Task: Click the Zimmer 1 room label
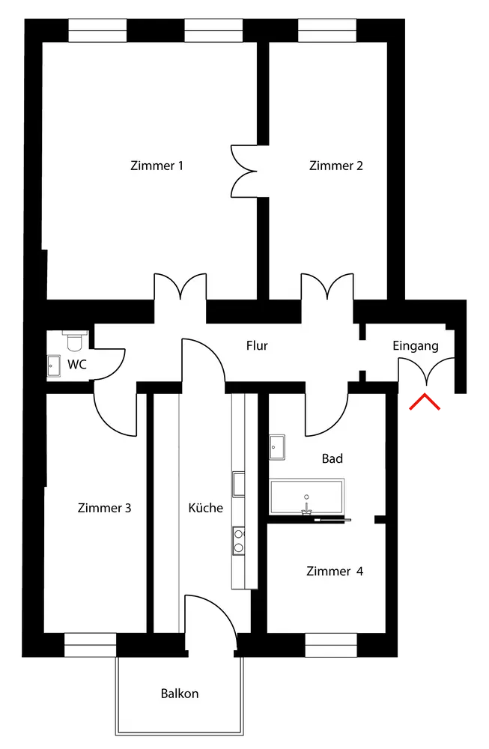click(x=157, y=166)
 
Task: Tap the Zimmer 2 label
click(x=335, y=166)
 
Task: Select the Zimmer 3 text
click(x=104, y=508)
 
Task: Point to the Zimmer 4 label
click(x=335, y=571)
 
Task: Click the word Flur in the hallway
click(x=257, y=346)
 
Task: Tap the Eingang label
click(x=416, y=346)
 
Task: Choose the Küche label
click(x=205, y=508)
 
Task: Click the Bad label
click(x=332, y=458)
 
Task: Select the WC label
click(x=76, y=365)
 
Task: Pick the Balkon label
click(x=180, y=694)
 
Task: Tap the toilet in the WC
click(x=75, y=341)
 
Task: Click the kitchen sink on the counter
click(x=239, y=484)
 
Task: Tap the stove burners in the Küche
click(x=239, y=541)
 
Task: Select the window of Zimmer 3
click(x=90, y=646)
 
